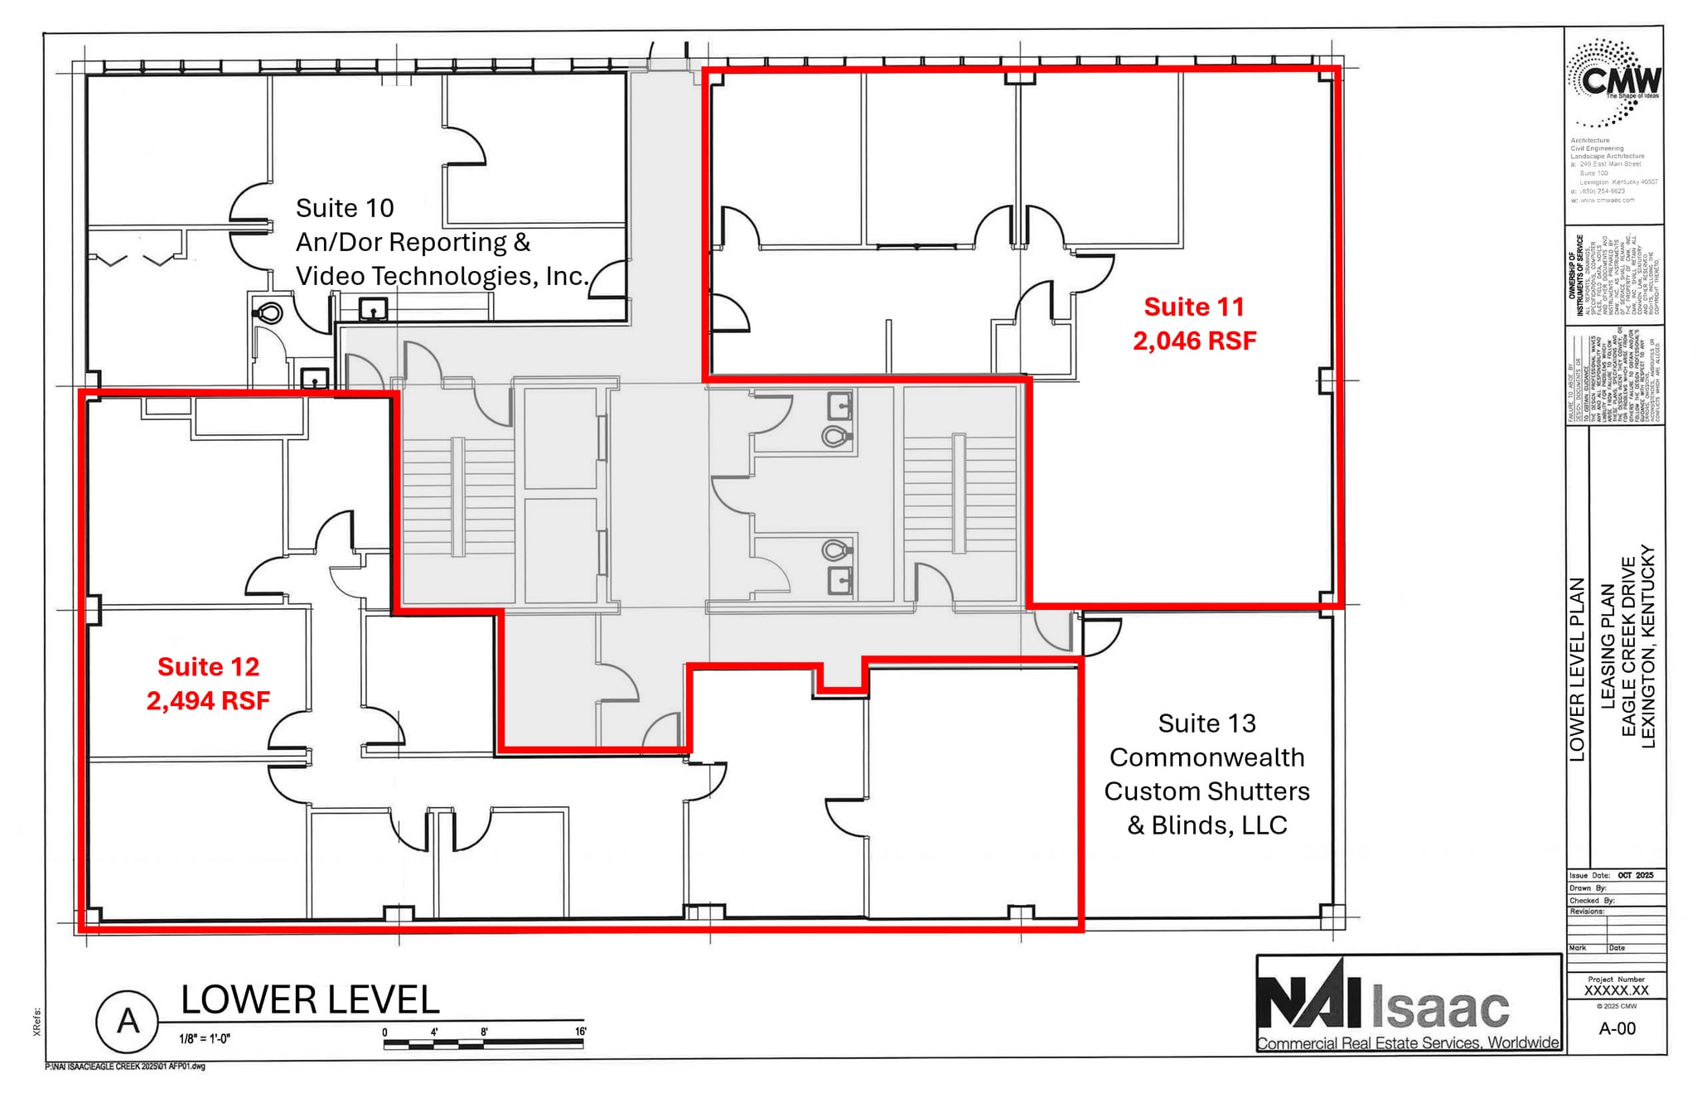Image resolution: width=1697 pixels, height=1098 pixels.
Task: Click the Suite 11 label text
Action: click(x=1194, y=307)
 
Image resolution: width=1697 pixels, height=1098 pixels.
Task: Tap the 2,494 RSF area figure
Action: click(x=208, y=701)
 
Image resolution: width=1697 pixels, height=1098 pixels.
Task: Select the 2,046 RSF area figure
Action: click(x=1194, y=341)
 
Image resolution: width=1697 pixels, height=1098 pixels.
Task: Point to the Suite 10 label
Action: click(x=345, y=208)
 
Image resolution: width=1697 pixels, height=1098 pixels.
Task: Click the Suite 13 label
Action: click(x=1206, y=723)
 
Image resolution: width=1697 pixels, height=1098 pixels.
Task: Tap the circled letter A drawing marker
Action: click(x=128, y=1021)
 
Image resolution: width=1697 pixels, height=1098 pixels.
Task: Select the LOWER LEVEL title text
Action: click(x=310, y=1000)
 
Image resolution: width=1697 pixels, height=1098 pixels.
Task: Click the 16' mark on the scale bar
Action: click(x=581, y=1032)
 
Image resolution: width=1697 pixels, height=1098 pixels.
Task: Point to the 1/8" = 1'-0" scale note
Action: click(x=205, y=1038)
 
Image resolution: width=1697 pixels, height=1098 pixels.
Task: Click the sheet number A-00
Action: click(x=1617, y=1028)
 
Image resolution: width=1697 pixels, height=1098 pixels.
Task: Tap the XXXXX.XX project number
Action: click(x=1616, y=990)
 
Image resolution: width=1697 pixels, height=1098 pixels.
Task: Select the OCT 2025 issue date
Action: click(x=1635, y=875)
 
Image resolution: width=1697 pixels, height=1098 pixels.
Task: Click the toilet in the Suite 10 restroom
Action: click(x=268, y=313)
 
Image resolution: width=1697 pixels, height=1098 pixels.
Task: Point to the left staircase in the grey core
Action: click(x=457, y=496)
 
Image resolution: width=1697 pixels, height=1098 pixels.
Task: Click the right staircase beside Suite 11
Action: click(x=959, y=494)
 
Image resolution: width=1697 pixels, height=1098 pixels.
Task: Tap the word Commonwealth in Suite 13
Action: click(x=1206, y=757)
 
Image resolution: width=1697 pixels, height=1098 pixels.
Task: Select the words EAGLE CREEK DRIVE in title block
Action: click(x=1628, y=646)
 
